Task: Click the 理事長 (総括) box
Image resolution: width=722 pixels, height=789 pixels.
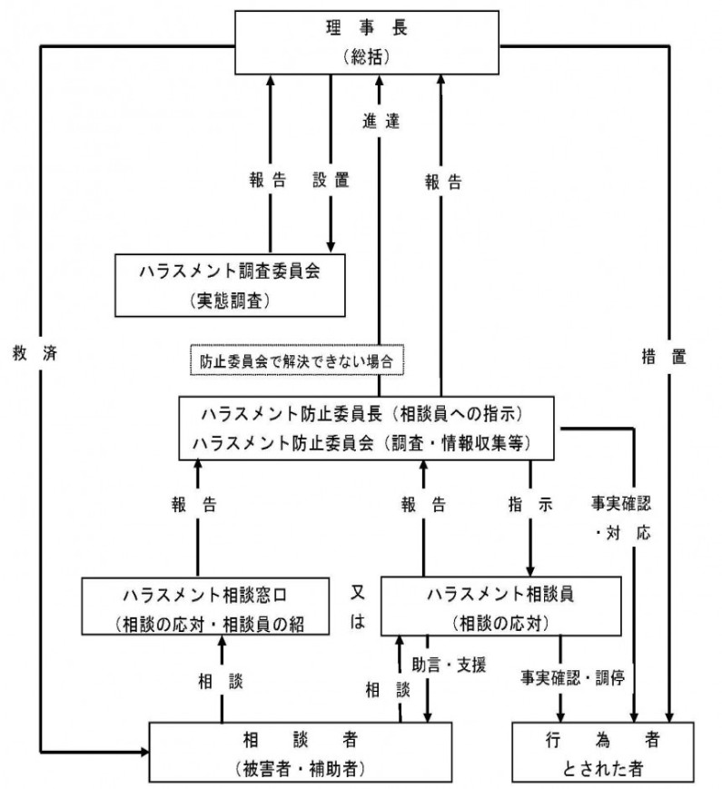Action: tap(368, 42)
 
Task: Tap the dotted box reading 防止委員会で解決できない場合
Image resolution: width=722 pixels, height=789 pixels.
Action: tap(296, 360)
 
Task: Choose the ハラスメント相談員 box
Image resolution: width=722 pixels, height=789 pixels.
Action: tap(491, 607)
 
